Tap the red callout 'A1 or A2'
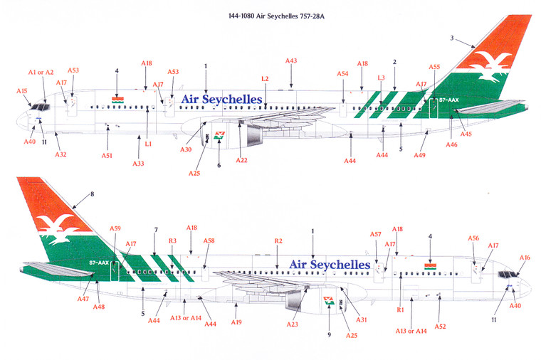pyautogui.click(x=41, y=73)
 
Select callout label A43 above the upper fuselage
pyautogui.click(x=290, y=61)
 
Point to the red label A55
pyautogui.click(x=434, y=66)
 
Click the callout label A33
pyautogui.click(x=138, y=163)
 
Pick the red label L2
pyautogui.click(x=265, y=78)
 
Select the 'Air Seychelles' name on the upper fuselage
pyautogui.click(x=221, y=99)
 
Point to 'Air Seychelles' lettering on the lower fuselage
pyautogui.click(x=330, y=265)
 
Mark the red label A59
pyautogui.click(x=115, y=228)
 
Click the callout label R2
pyautogui.click(x=278, y=242)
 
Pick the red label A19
pyautogui.click(x=236, y=322)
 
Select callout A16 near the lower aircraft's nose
pyautogui.click(x=525, y=258)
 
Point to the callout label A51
pyautogui.click(x=107, y=155)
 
